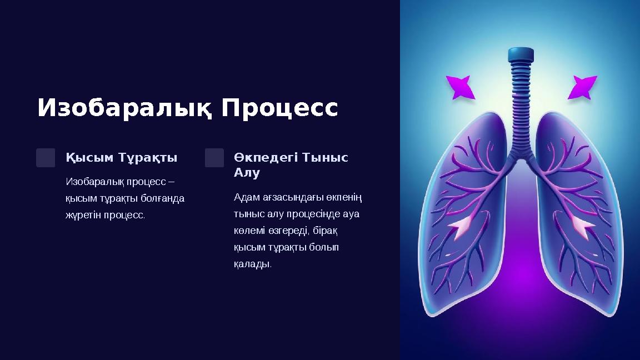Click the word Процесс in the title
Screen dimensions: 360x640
279,108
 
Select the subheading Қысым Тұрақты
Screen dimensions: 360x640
122,158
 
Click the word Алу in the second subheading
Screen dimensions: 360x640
247,173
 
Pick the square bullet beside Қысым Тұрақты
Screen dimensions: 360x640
46,158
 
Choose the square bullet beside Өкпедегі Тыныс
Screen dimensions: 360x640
214,158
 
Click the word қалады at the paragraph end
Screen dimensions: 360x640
252,263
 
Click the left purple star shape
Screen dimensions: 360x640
461,87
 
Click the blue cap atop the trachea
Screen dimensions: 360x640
521,54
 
